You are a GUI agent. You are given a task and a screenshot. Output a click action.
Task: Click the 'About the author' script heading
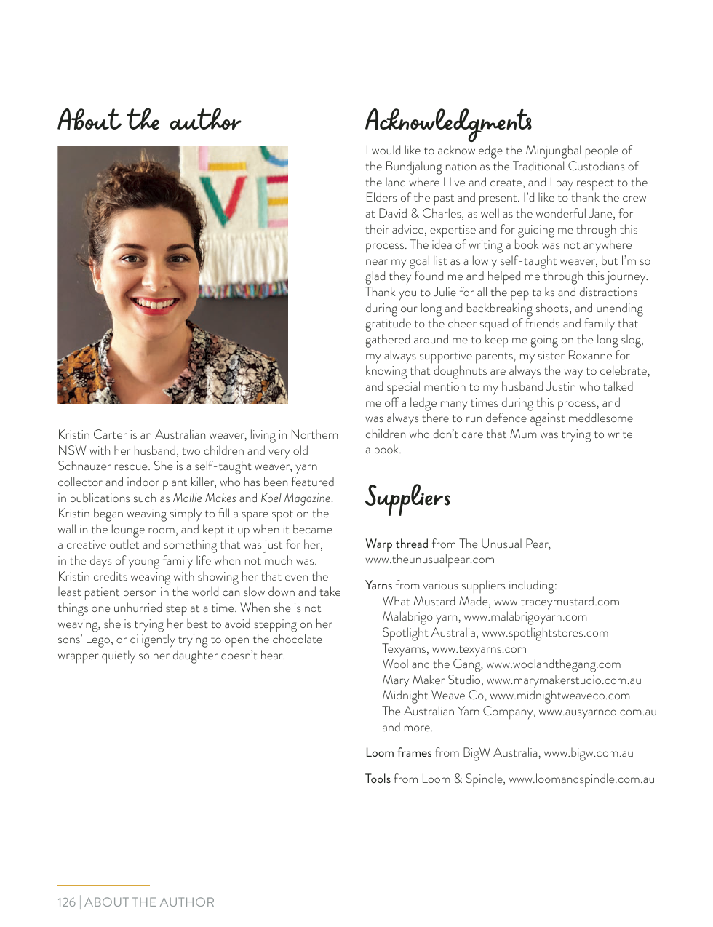click(x=149, y=121)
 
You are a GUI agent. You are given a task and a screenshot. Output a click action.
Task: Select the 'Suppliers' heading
click(x=407, y=497)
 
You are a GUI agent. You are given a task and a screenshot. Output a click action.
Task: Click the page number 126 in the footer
click(x=66, y=902)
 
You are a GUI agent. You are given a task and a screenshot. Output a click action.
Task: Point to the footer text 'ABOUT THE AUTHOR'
click(x=149, y=902)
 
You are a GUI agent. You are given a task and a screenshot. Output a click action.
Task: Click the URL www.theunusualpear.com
click(x=429, y=560)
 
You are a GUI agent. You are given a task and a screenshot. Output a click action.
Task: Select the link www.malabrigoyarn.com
click(x=525, y=617)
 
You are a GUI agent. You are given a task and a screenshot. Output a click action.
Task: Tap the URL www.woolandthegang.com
click(x=553, y=664)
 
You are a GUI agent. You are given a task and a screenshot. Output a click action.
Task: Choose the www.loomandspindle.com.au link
click(x=581, y=779)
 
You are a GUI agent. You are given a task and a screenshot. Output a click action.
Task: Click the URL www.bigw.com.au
click(x=588, y=752)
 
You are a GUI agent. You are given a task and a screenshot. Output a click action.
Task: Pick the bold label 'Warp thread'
click(x=397, y=544)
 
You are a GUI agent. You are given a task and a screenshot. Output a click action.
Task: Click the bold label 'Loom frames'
click(x=398, y=752)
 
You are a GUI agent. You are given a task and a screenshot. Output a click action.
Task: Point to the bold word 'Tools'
click(x=378, y=779)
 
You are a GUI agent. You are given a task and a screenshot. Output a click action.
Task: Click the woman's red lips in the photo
click(x=154, y=303)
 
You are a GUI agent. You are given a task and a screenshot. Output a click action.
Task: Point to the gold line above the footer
click(x=103, y=885)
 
